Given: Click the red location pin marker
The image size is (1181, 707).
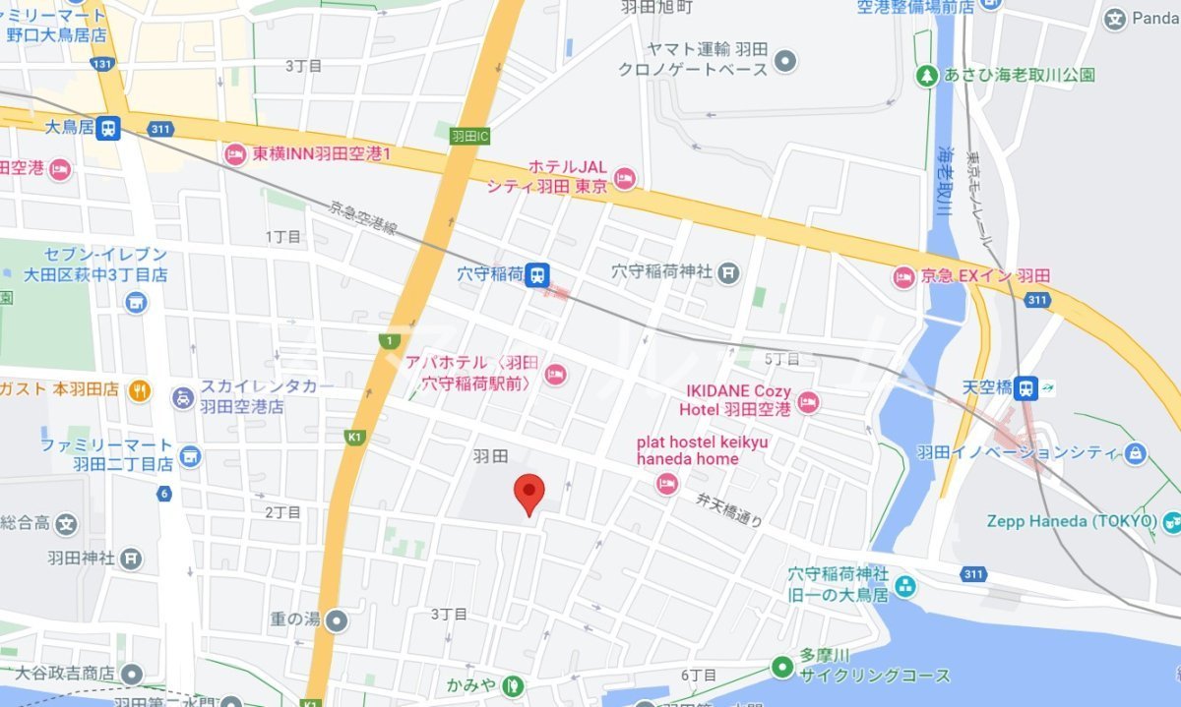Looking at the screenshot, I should pos(530,492).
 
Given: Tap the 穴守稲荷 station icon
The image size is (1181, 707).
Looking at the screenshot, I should pos(536,274).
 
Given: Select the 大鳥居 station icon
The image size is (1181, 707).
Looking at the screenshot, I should pos(108,128).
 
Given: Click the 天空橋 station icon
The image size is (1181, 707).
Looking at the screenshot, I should pos(1027,387).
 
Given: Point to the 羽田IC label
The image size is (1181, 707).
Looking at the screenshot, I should pos(469,136).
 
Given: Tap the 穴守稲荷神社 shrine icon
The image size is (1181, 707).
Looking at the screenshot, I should pos(728,272).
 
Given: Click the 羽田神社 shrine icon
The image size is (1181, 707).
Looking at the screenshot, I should pos(132,560).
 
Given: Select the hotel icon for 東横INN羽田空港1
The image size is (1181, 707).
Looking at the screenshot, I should pos(235,153).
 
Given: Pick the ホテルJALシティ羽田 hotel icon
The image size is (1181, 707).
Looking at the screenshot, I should pos(624,178).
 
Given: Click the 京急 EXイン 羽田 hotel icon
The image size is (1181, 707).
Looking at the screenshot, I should pos(903,277).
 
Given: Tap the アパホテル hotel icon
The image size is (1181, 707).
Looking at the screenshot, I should pos(555,373).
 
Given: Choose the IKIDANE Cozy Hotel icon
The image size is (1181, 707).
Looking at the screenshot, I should pos(808,400).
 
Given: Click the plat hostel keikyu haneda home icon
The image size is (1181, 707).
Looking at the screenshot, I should pos(667,483).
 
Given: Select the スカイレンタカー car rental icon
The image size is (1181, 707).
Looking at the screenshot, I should pos(183,397).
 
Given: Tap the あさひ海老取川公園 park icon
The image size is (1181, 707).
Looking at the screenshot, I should pos(926,75).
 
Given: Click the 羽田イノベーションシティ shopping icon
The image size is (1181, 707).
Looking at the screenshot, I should pos(1136,453).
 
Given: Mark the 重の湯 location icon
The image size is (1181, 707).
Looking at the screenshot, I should pos(338,620).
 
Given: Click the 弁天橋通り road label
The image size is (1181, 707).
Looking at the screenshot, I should pos(727,507).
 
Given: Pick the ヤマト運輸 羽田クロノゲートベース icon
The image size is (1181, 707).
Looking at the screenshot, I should pos(785,61).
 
